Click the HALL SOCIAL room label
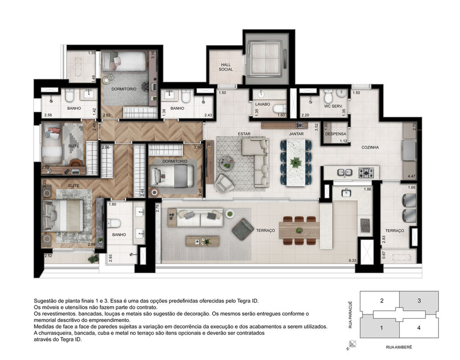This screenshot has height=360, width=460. click(225, 67)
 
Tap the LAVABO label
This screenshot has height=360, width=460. click(263, 105)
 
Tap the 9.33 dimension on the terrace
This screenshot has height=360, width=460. click(352, 261)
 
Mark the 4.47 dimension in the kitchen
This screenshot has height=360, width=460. click(412, 176)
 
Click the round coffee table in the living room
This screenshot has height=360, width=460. click(226, 163)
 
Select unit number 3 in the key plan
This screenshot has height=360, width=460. click(419, 301)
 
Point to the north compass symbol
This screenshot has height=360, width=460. click(352, 343)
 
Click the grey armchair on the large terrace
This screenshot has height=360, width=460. click(242, 229)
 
